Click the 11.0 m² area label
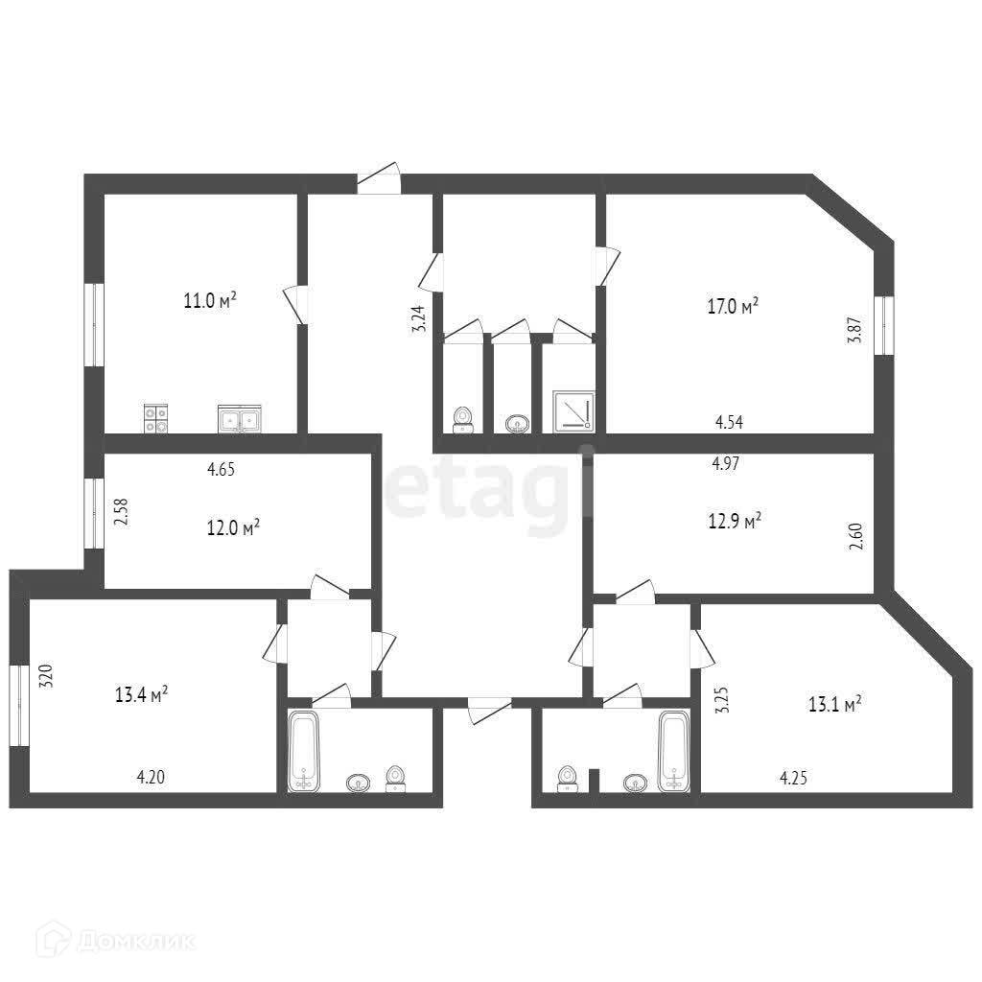click(x=210, y=301)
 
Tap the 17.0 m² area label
click(x=733, y=307)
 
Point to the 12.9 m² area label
click(x=736, y=521)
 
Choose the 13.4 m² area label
click(x=142, y=693)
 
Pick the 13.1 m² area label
click(x=834, y=703)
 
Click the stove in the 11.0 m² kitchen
click(x=156, y=418)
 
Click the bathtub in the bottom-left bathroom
click(x=304, y=752)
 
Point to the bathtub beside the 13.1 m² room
click(x=673, y=751)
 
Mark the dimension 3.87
click(x=854, y=333)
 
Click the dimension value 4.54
click(x=730, y=420)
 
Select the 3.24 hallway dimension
click(x=418, y=317)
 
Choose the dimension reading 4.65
click(x=222, y=470)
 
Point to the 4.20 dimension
click(x=152, y=777)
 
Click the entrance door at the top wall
click(x=378, y=179)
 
